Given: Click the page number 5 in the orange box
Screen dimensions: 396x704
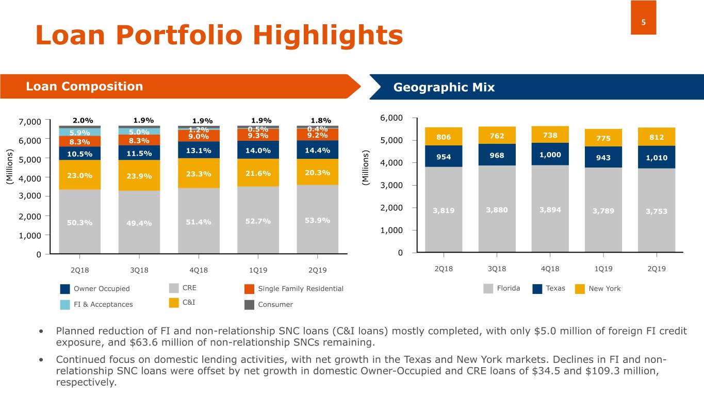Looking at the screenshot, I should pyautogui.click(x=643, y=22).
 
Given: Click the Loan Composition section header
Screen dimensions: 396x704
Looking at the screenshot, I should pyautogui.click(x=84, y=86).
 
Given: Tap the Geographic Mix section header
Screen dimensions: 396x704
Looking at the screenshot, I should pyautogui.click(x=444, y=87).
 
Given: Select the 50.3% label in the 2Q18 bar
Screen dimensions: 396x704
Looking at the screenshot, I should pyautogui.click(x=79, y=223).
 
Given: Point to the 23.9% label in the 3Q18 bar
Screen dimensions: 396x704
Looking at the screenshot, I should pyautogui.click(x=139, y=176).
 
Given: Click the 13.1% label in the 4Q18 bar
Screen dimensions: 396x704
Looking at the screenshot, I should pyautogui.click(x=199, y=151).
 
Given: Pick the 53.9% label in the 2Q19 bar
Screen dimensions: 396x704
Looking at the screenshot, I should pyautogui.click(x=317, y=221).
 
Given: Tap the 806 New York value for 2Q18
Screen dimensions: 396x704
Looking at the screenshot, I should pyautogui.click(x=444, y=138).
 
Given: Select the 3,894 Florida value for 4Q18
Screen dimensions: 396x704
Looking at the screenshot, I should pyautogui.click(x=550, y=209).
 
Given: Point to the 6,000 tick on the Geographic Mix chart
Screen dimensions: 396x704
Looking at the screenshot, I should pyautogui.click(x=391, y=118).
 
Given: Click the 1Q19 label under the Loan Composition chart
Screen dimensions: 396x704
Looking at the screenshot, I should pyautogui.click(x=258, y=270).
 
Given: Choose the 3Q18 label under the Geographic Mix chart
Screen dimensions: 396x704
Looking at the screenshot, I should pyautogui.click(x=497, y=269).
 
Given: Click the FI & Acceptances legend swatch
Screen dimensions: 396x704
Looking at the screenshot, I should pyautogui.click(x=65, y=305).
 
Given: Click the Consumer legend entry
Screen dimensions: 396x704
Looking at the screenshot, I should pyautogui.click(x=275, y=305).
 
